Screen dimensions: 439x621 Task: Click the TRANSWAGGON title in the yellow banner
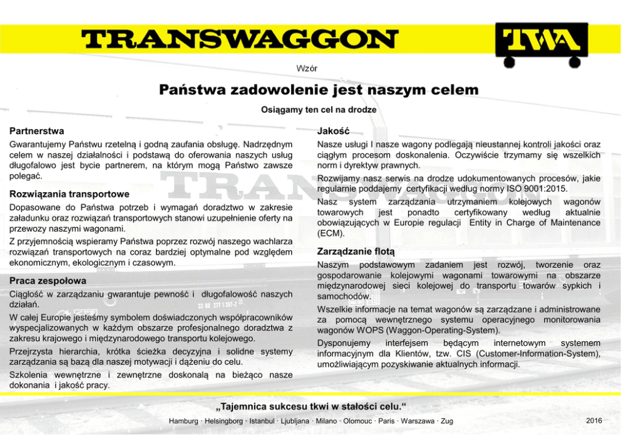(x=231, y=40)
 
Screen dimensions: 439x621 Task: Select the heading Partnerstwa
(x=36, y=132)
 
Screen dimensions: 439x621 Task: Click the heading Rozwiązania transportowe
(x=69, y=194)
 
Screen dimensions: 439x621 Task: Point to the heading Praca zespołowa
(x=48, y=281)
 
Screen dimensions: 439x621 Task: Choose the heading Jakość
(x=333, y=132)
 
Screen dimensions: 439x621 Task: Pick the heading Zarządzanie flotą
(x=356, y=251)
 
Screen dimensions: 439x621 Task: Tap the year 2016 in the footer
(x=593, y=420)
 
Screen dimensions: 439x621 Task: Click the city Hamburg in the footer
(x=183, y=421)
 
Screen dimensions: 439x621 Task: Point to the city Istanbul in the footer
(x=265, y=421)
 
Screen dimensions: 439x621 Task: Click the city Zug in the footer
(x=447, y=421)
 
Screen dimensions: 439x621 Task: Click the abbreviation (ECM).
(x=331, y=233)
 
